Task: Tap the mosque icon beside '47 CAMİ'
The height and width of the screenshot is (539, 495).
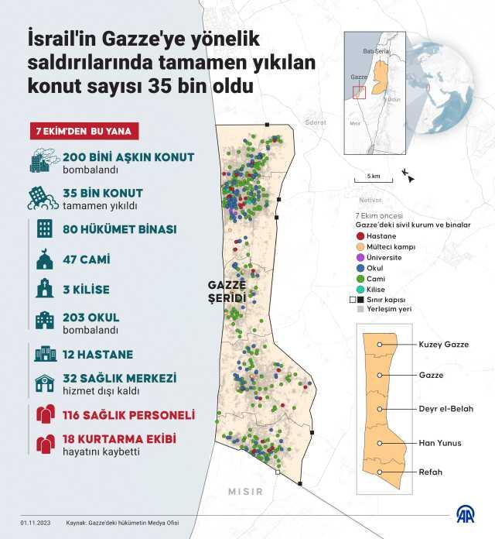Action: point(44,260)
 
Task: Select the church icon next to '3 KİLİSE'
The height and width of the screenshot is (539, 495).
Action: point(44,290)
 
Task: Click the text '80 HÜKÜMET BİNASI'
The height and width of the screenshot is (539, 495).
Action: point(119,229)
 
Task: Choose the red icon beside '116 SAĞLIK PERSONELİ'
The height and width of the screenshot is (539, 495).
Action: point(44,414)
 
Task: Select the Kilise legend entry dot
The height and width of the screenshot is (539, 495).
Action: point(359,289)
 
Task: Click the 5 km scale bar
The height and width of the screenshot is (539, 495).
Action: point(373,181)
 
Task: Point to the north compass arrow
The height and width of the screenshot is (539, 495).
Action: point(408,177)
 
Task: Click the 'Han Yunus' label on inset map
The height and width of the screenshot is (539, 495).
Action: point(440,443)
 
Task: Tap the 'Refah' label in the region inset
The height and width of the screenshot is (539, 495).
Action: point(431,472)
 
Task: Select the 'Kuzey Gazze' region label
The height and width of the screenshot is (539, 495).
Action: point(443,345)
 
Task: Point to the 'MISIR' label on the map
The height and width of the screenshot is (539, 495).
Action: point(245,491)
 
